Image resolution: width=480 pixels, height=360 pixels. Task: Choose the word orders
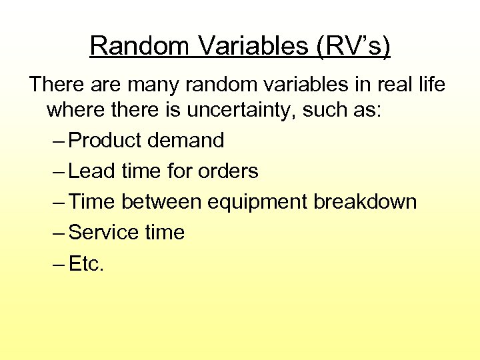pos(228,171)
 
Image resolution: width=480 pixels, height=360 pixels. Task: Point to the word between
pos(162,202)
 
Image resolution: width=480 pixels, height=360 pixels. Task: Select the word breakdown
pos(365,202)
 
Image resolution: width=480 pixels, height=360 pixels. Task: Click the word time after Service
pos(164,233)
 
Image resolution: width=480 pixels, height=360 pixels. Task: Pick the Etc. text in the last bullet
pos(87,263)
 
